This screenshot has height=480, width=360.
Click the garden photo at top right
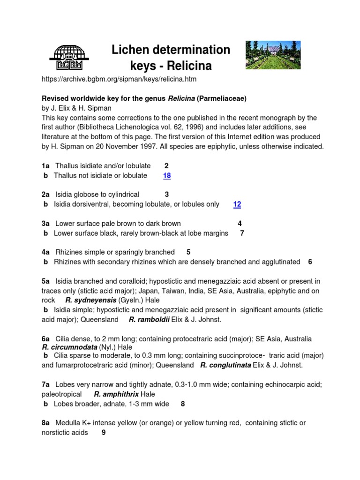[x=273, y=55]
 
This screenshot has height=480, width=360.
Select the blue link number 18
[x=167, y=176]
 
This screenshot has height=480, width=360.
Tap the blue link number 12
[x=237, y=204]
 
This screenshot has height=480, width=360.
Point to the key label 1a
[x=45, y=166]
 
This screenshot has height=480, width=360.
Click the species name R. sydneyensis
[x=90, y=300]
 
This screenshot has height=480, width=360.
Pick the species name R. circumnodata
[x=69, y=347]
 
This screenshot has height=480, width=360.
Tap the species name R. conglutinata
[x=225, y=365]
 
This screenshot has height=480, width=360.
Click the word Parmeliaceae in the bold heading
[x=221, y=98]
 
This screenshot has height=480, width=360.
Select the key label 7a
[x=45, y=385]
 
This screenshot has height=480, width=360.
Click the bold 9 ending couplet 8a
[x=103, y=433]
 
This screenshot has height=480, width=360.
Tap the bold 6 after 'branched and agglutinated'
[x=310, y=262]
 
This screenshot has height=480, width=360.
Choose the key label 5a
[x=45, y=281]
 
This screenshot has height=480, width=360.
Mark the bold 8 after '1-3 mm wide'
[x=183, y=404]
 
